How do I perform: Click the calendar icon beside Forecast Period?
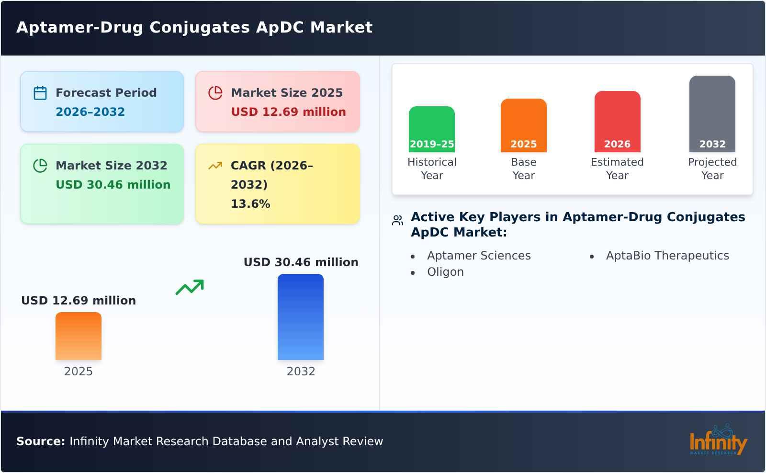click(x=40, y=93)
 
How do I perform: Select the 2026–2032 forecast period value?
click(x=90, y=112)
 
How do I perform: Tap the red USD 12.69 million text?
click(x=288, y=112)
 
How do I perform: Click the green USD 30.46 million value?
click(x=113, y=185)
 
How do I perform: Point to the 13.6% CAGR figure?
click(x=250, y=204)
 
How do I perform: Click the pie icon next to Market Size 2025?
click(x=215, y=93)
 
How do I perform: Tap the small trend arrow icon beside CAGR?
click(x=215, y=166)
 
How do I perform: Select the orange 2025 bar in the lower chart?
click(x=79, y=336)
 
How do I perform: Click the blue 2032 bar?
click(x=301, y=317)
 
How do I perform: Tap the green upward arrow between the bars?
click(x=190, y=287)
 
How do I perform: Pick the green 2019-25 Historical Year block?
click(x=432, y=129)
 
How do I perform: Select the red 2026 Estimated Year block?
click(x=617, y=122)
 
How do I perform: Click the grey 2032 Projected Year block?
click(x=712, y=114)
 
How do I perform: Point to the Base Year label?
click(x=523, y=169)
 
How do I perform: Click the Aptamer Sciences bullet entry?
click(x=479, y=256)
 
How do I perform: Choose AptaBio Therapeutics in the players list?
click(x=667, y=256)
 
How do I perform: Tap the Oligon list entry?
click(x=445, y=272)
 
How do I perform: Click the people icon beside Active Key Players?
click(x=397, y=220)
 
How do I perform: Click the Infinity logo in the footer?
click(x=718, y=440)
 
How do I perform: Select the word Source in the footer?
click(x=40, y=441)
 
